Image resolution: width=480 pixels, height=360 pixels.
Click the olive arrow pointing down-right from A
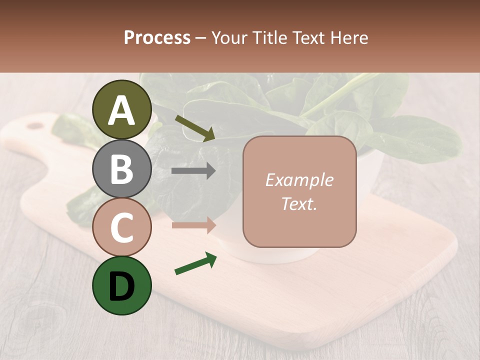(x=195, y=128)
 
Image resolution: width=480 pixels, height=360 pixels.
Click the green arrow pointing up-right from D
(x=195, y=264)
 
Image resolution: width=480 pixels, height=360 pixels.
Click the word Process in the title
(x=157, y=38)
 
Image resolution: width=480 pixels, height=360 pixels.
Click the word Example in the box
(x=299, y=180)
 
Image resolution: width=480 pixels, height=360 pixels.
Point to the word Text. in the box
(x=299, y=203)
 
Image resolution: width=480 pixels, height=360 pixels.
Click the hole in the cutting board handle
(x=35, y=125)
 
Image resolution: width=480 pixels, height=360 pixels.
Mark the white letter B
(x=121, y=169)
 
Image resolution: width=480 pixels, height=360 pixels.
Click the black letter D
(x=121, y=286)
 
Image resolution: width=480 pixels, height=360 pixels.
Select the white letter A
(x=121, y=110)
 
